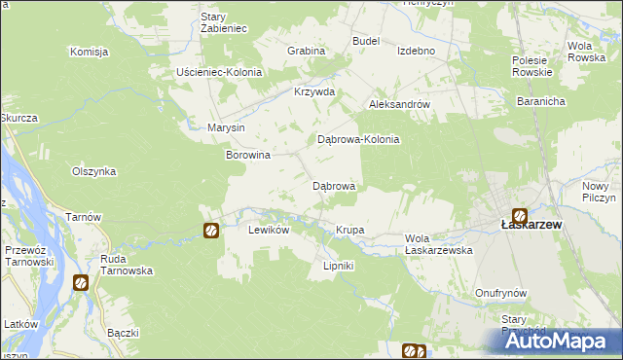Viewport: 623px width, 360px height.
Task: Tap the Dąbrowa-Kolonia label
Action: pos(359,139)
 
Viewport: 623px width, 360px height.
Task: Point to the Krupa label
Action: pos(349,230)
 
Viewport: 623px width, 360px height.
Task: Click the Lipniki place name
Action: pos(338,266)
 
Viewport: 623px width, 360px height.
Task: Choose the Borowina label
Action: pos(247,155)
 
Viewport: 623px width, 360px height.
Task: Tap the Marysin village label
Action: pos(226,127)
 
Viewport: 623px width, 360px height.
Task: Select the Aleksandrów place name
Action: pos(398,103)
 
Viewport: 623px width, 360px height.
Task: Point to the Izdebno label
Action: pos(416,52)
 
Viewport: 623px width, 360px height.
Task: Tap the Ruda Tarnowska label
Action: pos(127,265)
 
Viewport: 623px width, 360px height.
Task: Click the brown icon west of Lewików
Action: pos(211,231)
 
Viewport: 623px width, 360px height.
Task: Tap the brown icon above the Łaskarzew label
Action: pos(521,216)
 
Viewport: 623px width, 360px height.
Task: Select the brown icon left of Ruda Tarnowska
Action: pos(81,283)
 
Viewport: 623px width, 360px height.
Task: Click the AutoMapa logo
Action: pos(564,342)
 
